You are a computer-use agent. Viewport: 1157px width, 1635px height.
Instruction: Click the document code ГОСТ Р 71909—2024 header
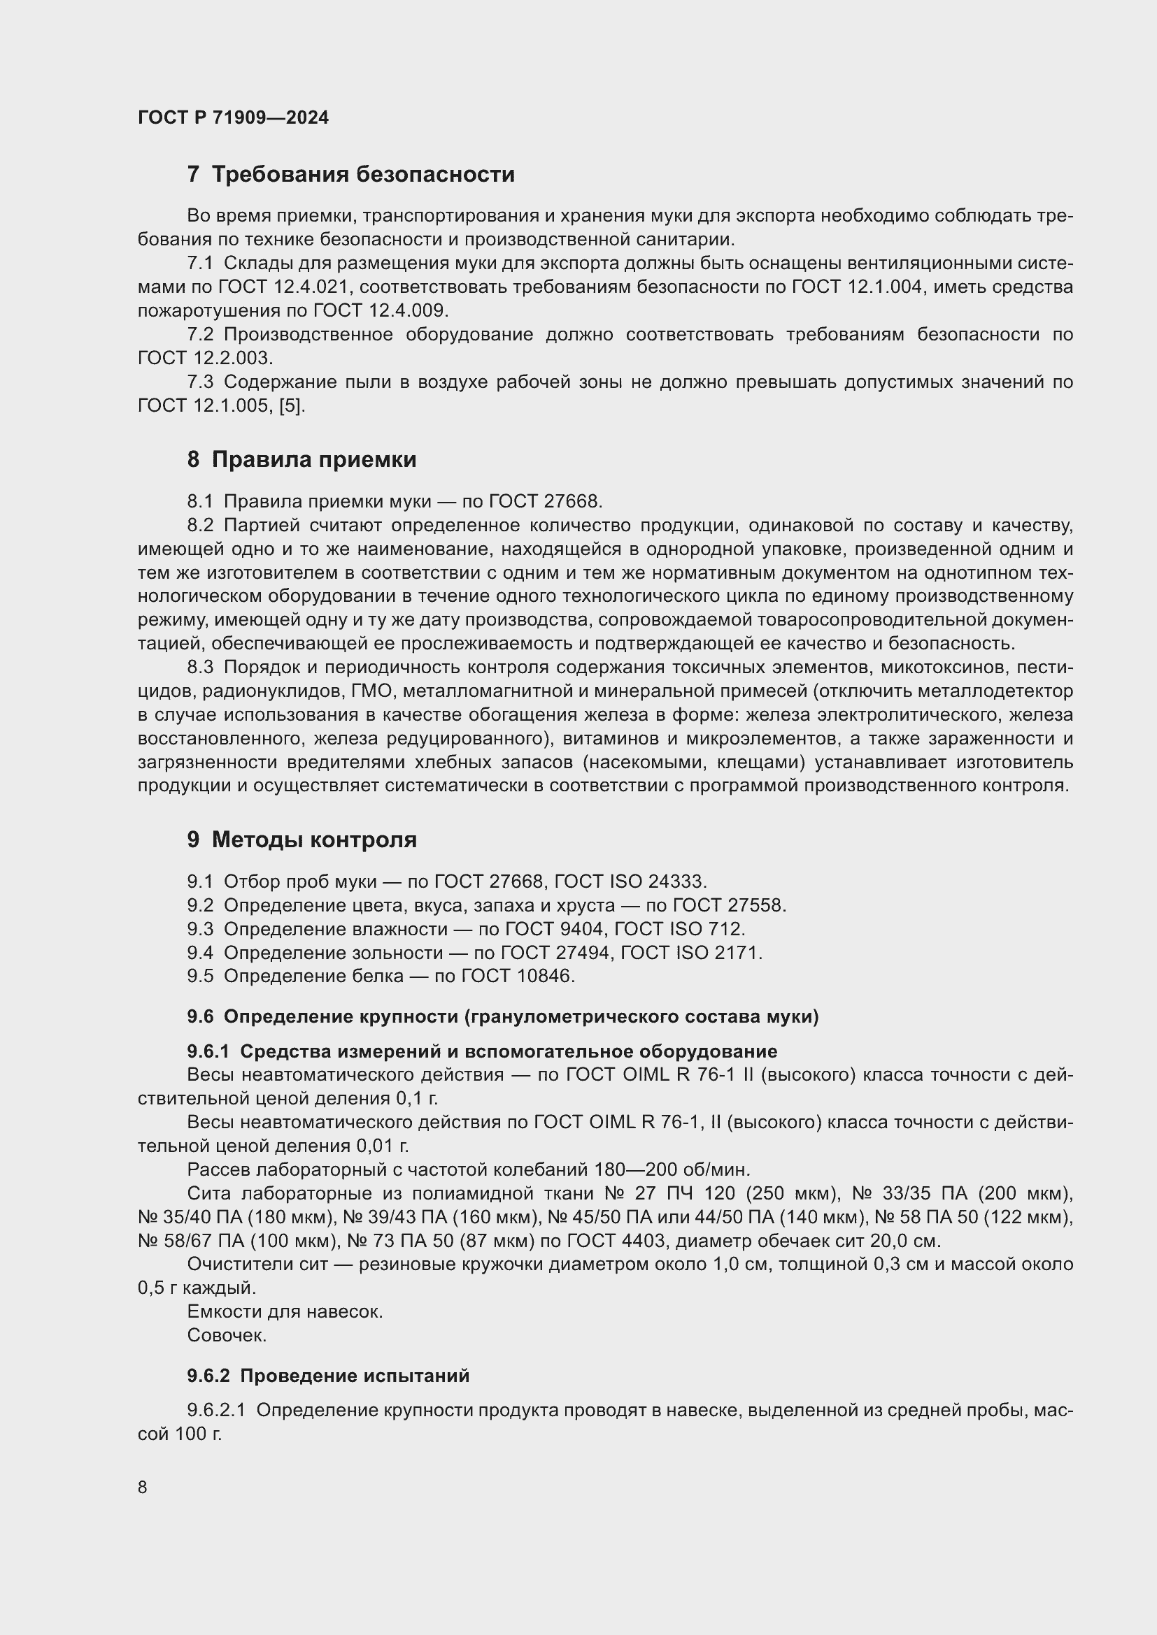pyautogui.click(x=233, y=117)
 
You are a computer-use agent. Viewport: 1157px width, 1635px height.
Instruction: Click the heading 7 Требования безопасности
pyautogui.click(x=350, y=175)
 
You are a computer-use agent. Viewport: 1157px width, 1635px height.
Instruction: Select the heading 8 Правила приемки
pyautogui.click(x=301, y=459)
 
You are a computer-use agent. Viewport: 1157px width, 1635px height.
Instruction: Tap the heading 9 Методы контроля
pyautogui.click(x=301, y=840)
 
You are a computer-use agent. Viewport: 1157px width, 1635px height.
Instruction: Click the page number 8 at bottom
pyautogui.click(x=143, y=1487)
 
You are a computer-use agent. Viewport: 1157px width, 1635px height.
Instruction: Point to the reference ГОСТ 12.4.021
pyautogui.click(x=283, y=287)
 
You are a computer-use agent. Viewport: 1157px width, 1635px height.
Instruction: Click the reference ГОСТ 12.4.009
pyautogui.click(x=381, y=310)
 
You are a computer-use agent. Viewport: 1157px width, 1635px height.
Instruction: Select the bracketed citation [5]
pyautogui.click(x=292, y=406)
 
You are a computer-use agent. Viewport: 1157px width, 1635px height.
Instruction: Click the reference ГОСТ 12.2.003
pyautogui.click(x=205, y=358)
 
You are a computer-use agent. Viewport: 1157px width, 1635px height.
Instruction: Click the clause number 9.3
pyautogui.click(x=200, y=929)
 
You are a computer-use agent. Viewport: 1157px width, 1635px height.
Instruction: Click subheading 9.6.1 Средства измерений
pyautogui.click(x=481, y=1051)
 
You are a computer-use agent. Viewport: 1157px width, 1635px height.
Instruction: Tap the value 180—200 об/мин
pyautogui.click(x=672, y=1170)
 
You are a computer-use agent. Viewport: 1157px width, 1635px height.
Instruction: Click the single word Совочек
pyautogui.click(x=227, y=1336)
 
